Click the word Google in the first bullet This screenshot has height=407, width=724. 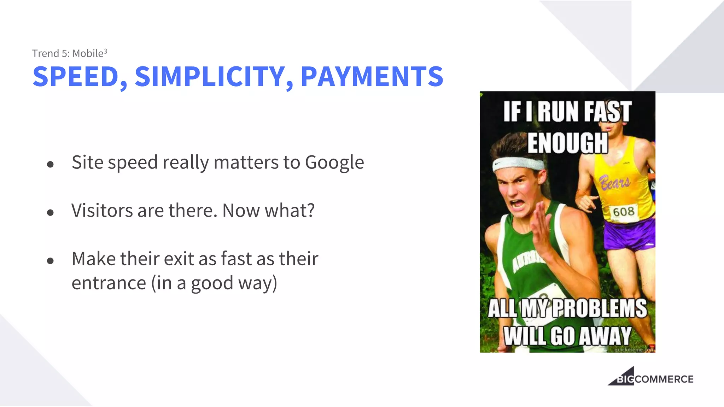334,163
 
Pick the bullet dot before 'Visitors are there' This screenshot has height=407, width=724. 50,212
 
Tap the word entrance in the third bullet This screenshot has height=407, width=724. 109,283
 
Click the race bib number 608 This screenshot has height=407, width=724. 624,212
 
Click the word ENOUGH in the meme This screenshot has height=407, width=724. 567,143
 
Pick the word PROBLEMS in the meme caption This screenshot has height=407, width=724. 600,308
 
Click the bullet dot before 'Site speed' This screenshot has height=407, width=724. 50,164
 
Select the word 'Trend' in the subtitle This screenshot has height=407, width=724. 46,53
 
